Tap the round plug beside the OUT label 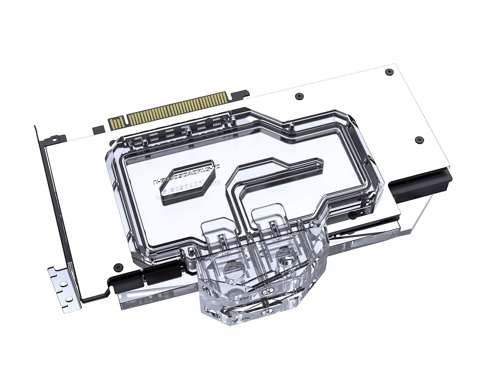click(x=266, y=292)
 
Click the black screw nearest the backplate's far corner click(x=389, y=71)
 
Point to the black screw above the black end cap click(x=419, y=139)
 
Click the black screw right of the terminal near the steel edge click(x=352, y=215)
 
